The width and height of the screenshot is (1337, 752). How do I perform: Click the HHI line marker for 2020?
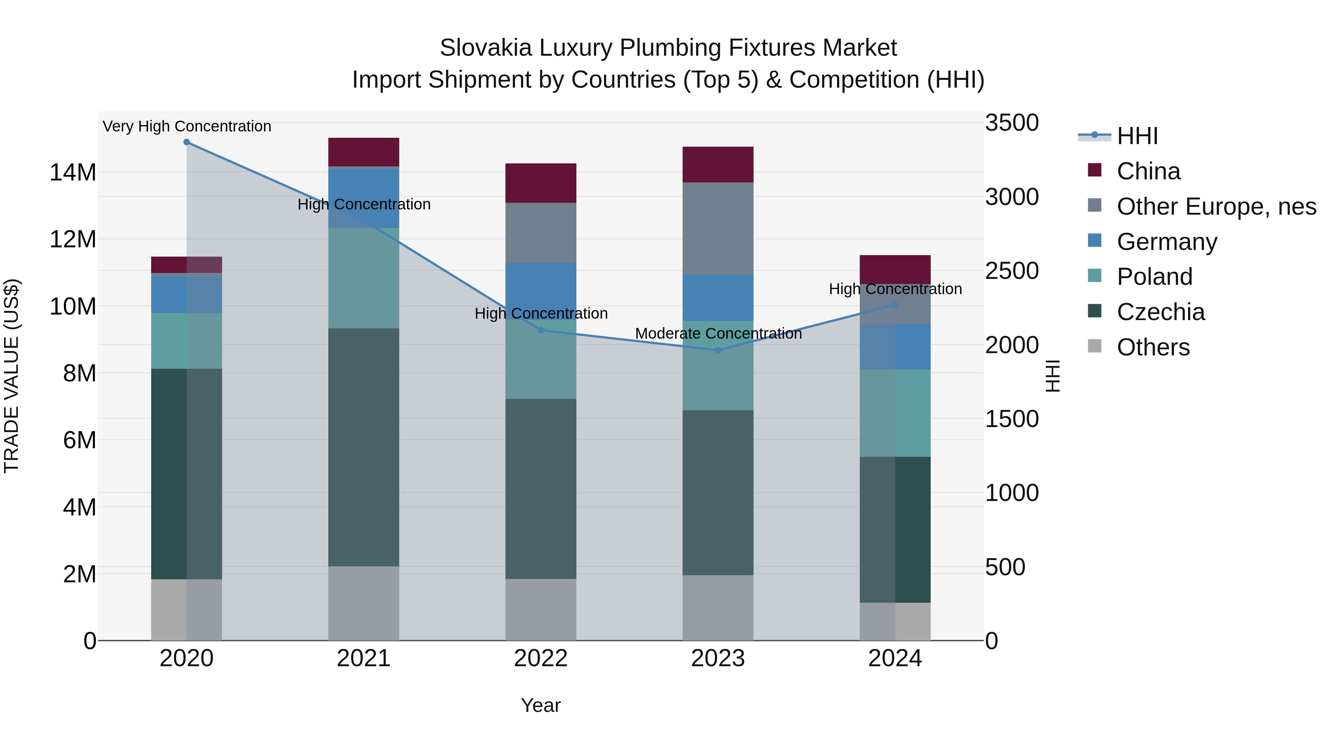[186, 142]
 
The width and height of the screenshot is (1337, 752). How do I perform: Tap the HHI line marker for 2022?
[540, 330]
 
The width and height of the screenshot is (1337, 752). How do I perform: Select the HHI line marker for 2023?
[718, 350]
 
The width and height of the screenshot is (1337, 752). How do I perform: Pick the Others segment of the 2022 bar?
[540, 609]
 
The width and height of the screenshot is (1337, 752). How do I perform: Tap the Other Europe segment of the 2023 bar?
[718, 228]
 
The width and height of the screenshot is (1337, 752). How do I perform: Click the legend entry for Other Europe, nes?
[1216, 206]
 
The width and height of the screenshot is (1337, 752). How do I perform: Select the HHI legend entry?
[1137, 136]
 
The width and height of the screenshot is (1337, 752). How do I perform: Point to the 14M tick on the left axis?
[73, 172]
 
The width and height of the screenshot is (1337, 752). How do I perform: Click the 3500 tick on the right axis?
[1012, 123]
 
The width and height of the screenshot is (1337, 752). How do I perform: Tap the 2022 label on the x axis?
[540, 658]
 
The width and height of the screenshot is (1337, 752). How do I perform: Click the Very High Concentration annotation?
[187, 126]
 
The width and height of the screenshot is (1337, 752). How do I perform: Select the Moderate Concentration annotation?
[718, 334]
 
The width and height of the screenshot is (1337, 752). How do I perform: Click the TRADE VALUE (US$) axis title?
[12, 376]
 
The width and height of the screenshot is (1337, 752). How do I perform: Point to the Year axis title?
[540, 705]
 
